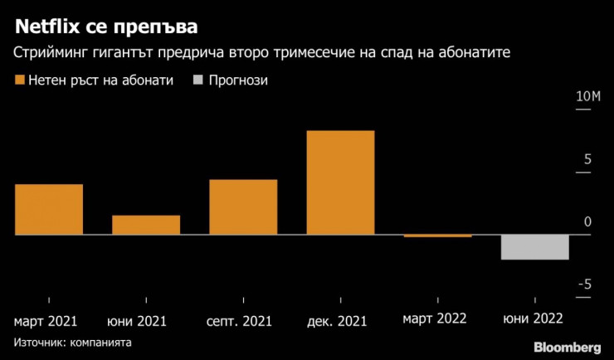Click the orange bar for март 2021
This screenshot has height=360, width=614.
pos(49,210)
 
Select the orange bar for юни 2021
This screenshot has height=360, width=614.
pos(146,226)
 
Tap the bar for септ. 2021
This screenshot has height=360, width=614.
pos(243,207)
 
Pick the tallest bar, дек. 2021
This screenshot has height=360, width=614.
pos(340,183)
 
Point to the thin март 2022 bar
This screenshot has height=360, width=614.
pos(437,236)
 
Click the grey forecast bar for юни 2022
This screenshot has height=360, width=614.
pos(534,247)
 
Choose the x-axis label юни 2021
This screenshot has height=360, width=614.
pos(138,320)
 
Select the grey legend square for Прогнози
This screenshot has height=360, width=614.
pos(197,81)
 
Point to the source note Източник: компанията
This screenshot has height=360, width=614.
pos(72,342)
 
